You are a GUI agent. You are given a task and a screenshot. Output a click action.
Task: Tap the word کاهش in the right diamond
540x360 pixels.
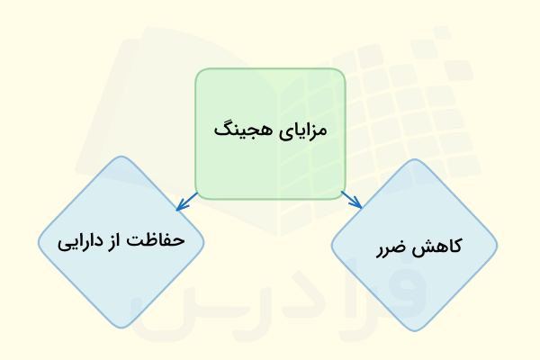point(439,246)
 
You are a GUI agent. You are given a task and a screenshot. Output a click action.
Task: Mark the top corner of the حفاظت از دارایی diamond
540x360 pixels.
point(121,158)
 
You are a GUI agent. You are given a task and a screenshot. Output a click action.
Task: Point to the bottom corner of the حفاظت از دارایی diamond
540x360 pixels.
point(121,325)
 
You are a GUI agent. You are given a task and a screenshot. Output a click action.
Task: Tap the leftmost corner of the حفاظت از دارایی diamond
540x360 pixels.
point(40,242)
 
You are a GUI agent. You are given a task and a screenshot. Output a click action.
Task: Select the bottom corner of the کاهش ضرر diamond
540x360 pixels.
point(414,328)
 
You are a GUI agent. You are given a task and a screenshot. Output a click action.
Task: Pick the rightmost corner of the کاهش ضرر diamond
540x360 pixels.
point(496,246)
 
